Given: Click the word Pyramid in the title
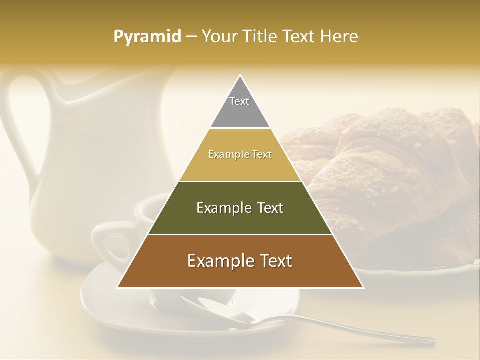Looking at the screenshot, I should click(147, 37).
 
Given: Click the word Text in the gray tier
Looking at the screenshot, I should click(239, 101).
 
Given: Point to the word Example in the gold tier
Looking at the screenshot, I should click(224, 154).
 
